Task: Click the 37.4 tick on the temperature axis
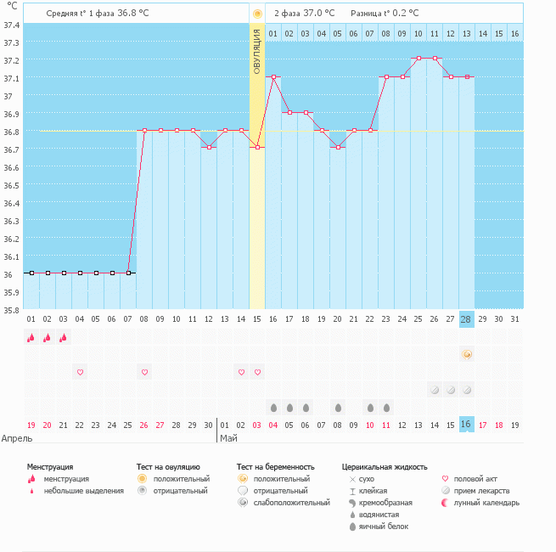coord(12,25)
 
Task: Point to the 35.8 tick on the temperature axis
coord(12,310)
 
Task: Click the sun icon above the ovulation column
coord(257,14)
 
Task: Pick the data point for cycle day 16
coord(273,76)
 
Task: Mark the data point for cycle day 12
coord(209,148)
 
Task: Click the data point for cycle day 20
coord(338,148)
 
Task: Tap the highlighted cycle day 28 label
coord(467,319)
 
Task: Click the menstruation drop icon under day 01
coord(31,337)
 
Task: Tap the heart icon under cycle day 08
coord(144,372)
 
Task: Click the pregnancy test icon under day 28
coord(467,354)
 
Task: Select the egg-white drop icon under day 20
coord(338,408)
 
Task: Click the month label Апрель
coord(17,439)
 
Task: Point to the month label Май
coord(228,439)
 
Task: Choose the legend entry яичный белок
coord(383,527)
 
